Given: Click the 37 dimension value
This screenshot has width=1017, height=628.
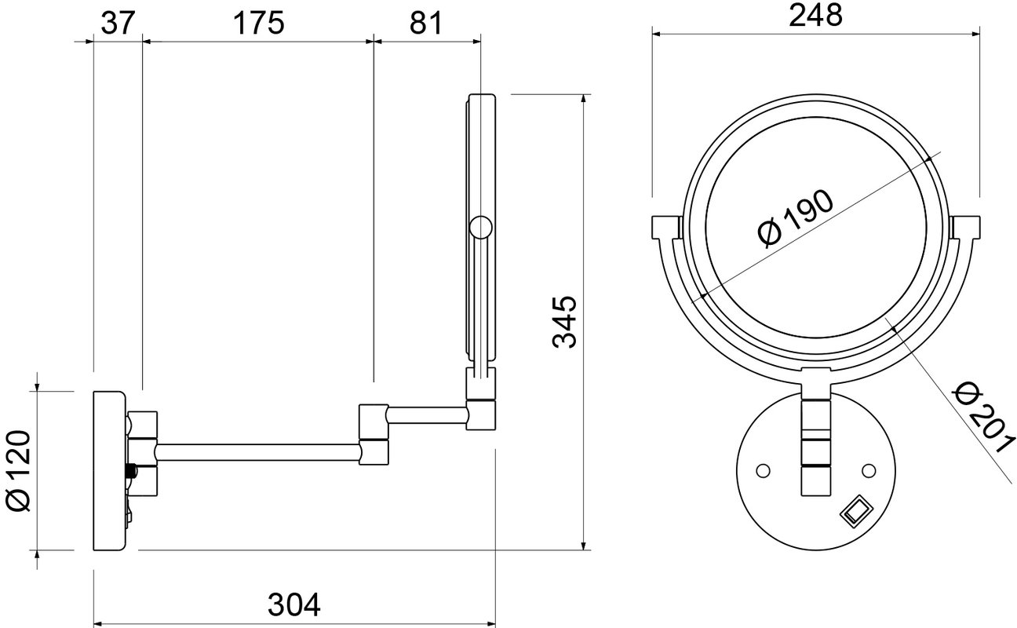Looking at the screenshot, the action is (x=118, y=24).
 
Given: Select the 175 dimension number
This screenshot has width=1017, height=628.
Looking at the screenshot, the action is (x=259, y=24).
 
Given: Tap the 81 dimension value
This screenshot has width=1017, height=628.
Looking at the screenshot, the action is (x=425, y=24).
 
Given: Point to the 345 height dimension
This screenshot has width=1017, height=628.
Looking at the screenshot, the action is (x=565, y=322).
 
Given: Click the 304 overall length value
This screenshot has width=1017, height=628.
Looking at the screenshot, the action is (x=294, y=604).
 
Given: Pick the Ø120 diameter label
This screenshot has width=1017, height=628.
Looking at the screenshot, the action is (x=19, y=471).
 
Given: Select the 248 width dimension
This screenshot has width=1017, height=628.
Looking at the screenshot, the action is (x=815, y=16).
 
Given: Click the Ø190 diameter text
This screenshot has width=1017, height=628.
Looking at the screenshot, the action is (x=796, y=219).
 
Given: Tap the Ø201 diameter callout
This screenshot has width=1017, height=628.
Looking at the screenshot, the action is (x=984, y=418).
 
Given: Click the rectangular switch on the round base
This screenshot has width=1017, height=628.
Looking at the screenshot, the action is (x=853, y=511).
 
